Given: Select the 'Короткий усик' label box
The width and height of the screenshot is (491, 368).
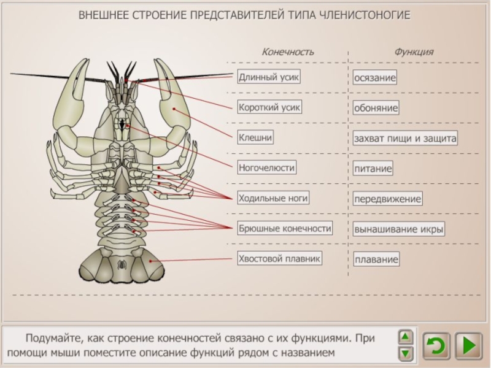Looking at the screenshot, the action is click(x=269, y=107).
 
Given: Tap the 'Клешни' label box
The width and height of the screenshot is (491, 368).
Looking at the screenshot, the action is click(x=255, y=137).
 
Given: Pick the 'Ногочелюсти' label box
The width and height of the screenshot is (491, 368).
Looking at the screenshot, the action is click(x=267, y=167).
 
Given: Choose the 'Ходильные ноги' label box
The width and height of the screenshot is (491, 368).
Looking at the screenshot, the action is click(x=273, y=198).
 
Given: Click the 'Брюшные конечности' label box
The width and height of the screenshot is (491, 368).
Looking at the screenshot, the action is click(x=285, y=228).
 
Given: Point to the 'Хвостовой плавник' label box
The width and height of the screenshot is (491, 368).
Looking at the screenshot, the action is click(x=280, y=259).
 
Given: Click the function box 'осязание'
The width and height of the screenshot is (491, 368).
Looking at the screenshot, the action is click(x=375, y=78).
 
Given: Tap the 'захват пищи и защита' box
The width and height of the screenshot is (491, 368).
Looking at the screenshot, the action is click(x=405, y=138).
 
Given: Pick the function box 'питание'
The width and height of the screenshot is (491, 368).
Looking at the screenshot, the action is click(x=373, y=167).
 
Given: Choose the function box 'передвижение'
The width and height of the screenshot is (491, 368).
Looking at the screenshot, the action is click(x=387, y=199).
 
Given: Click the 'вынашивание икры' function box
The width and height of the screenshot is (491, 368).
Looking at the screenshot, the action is click(x=398, y=229).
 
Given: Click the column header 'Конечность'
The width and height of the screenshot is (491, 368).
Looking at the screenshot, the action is click(x=288, y=52).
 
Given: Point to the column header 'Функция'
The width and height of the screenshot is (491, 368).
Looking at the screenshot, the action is click(x=414, y=52).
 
